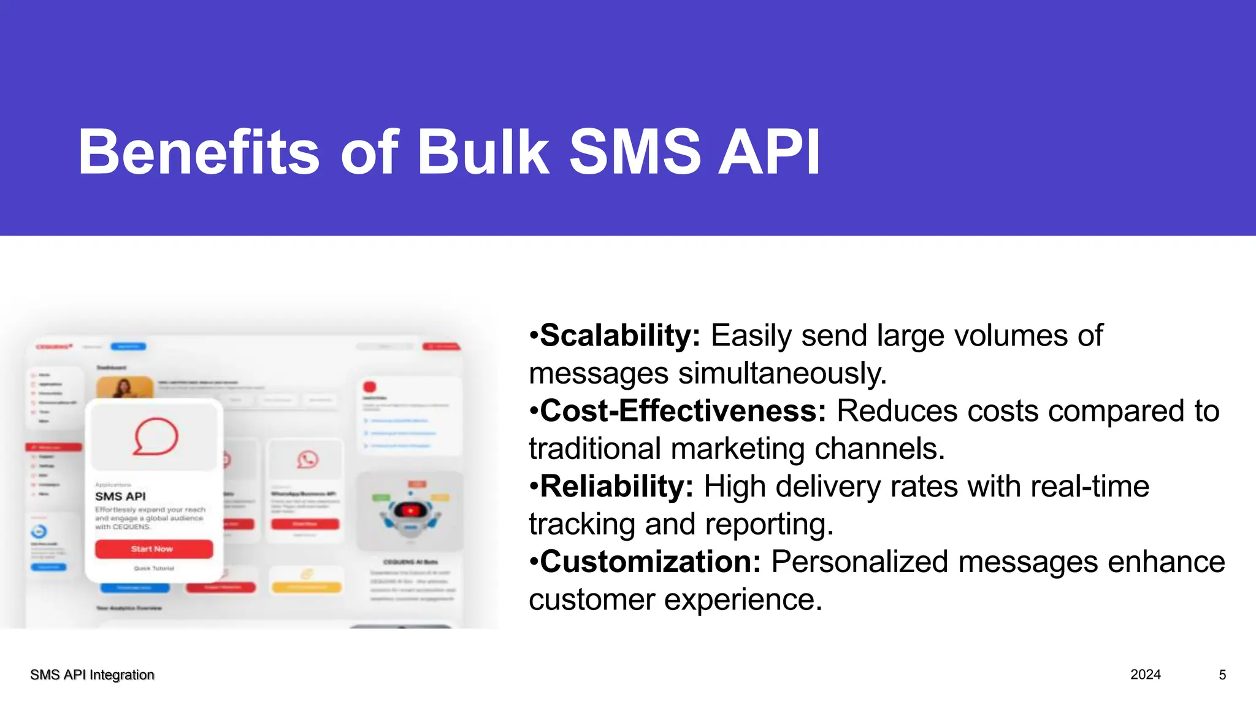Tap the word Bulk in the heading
[x=483, y=152]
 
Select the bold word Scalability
[x=619, y=336]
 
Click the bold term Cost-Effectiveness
[x=683, y=411]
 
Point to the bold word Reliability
[x=616, y=487]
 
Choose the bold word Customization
[x=650, y=562]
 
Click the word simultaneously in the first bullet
[x=782, y=374]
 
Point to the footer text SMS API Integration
[x=92, y=675]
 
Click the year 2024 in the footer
[x=1145, y=674]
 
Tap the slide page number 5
[x=1222, y=675]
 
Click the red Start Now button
[x=153, y=549]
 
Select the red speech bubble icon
[x=156, y=437]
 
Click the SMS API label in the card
[x=120, y=496]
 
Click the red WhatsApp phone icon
[x=307, y=459]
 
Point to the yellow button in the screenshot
[x=306, y=587]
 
